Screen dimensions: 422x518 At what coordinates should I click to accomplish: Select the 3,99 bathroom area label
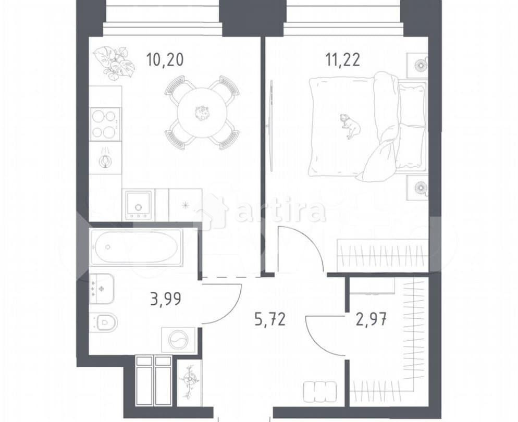coord(165,301)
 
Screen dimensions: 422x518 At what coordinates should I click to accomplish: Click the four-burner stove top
coord(105,123)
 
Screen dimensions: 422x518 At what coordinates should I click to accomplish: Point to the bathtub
coord(137,247)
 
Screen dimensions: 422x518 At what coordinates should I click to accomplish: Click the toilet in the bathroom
coord(104,323)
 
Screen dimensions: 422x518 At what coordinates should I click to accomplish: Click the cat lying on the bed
coord(348,125)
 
